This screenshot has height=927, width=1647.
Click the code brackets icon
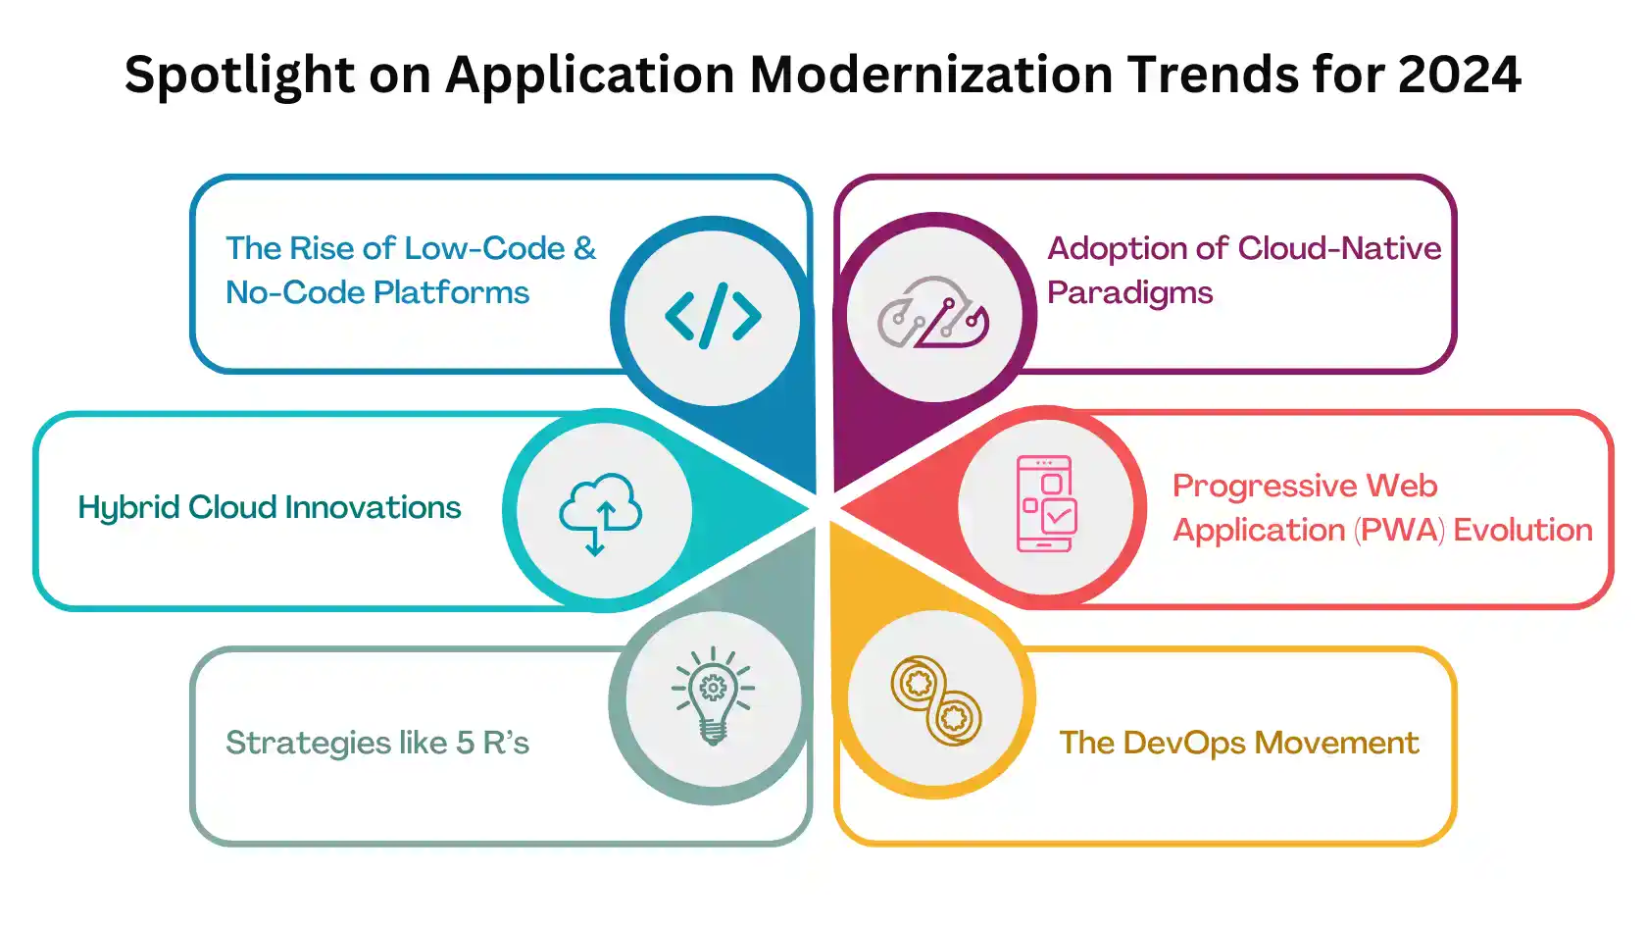(713, 316)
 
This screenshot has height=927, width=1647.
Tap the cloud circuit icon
(933, 312)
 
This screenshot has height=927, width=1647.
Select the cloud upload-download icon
(601, 514)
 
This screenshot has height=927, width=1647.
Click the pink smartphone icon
(1046, 503)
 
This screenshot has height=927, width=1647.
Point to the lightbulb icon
(713, 696)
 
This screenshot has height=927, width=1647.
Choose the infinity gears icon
(935, 700)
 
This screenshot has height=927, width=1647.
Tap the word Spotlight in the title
(239, 76)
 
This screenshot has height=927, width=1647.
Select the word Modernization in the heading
(931, 75)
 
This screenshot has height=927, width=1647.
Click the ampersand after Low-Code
(584, 248)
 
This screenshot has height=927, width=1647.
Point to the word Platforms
(451, 292)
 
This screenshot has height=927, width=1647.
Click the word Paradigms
(1129, 293)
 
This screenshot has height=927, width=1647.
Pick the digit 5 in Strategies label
(465, 743)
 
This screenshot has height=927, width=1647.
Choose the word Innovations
(373, 507)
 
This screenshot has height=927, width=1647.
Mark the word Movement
(1336, 743)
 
